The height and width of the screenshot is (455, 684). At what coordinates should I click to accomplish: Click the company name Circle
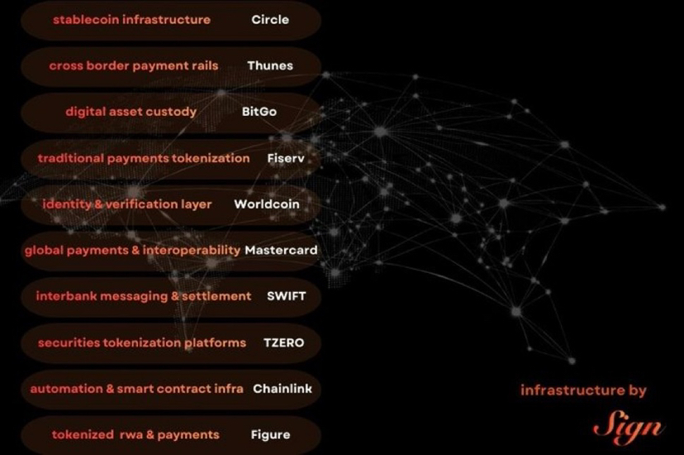tap(270, 19)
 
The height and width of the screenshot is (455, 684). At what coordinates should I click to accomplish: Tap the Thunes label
tap(270, 65)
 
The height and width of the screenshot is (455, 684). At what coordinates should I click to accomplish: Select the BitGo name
tap(259, 111)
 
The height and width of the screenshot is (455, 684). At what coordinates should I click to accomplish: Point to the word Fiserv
tap(286, 157)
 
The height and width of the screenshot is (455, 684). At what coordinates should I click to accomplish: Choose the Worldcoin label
tap(267, 204)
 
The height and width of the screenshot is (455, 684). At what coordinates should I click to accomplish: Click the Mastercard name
tap(281, 250)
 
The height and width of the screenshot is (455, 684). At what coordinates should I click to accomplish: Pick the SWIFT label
tap(282, 295)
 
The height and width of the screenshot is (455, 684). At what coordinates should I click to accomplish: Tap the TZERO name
tap(283, 342)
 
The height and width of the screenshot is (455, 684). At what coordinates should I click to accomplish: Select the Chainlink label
tap(283, 388)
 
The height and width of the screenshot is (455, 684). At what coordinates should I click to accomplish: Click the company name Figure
tap(271, 434)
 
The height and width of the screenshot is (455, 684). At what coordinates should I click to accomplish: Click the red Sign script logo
tap(628, 427)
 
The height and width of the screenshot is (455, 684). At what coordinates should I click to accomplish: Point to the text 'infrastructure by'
tap(583, 390)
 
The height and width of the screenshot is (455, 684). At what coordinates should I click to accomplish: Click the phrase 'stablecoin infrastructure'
tap(131, 19)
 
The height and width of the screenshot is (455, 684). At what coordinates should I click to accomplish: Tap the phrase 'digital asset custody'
tap(131, 111)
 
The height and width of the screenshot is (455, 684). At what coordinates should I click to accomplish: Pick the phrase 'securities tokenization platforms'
tap(142, 342)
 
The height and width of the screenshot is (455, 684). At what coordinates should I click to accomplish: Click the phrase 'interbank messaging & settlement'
tap(144, 295)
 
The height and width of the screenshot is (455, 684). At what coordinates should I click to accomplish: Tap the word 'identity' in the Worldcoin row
tap(65, 204)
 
